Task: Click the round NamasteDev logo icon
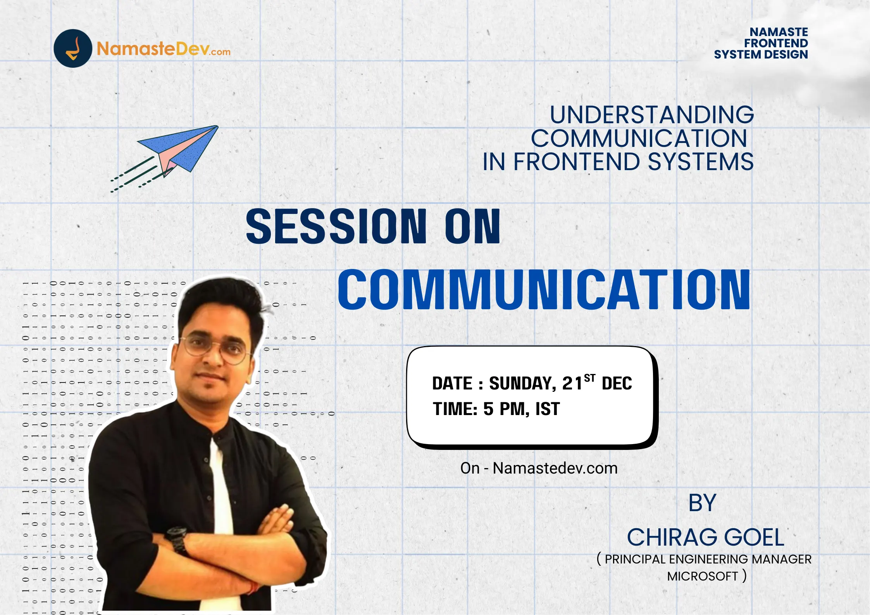pyautogui.click(x=73, y=48)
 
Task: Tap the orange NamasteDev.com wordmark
pyautogui.click(x=164, y=49)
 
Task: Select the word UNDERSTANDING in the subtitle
pyautogui.click(x=652, y=115)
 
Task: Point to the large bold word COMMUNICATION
pyautogui.click(x=544, y=289)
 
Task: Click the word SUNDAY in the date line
pyautogui.click(x=522, y=384)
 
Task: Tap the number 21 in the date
pyautogui.click(x=572, y=384)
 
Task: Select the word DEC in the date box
pyautogui.click(x=617, y=384)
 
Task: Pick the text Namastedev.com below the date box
pyautogui.click(x=555, y=468)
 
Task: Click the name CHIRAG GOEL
pyautogui.click(x=706, y=537)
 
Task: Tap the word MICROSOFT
pyautogui.click(x=702, y=576)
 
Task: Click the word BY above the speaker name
pyautogui.click(x=702, y=503)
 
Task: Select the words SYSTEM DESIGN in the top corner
pyautogui.click(x=761, y=55)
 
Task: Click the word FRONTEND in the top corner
pyautogui.click(x=776, y=43)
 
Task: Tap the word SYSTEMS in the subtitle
pyautogui.click(x=701, y=162)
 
